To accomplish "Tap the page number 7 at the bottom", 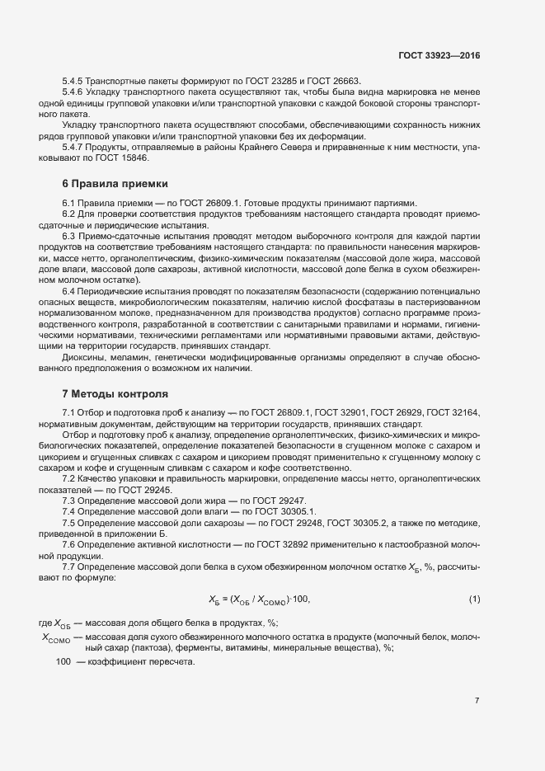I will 477,701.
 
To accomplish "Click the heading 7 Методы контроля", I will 115,393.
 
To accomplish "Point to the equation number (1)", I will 474,598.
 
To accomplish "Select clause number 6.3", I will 69,237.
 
